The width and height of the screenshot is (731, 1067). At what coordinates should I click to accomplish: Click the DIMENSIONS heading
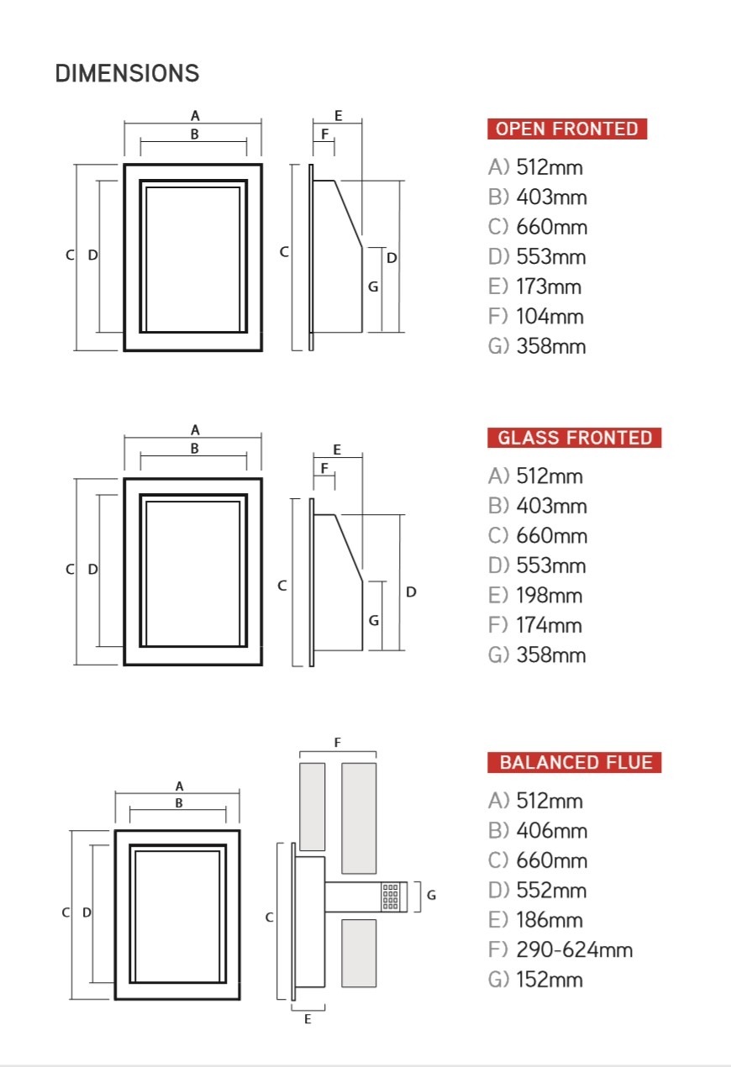[x=127, y=73]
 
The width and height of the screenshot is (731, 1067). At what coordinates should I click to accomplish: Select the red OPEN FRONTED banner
[x=567, y=129]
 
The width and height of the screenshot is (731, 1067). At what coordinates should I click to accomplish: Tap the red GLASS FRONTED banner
[x=574, y=438]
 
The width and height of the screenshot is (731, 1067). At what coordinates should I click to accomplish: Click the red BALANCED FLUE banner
[x=574, y=762]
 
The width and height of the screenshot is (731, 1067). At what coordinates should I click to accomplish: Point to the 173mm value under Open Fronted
[x=549, y=286]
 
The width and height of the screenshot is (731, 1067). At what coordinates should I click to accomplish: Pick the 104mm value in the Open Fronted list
[x=550, y=316]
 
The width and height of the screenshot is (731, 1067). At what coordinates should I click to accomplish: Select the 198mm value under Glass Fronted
[x=550, y=596]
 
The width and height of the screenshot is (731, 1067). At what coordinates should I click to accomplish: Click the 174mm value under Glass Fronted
[x=549, y=625]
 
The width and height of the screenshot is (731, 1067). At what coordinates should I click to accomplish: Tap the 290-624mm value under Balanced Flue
[x=575, y=950]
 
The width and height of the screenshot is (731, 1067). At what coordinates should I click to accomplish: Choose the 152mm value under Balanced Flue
[x=550, y=980]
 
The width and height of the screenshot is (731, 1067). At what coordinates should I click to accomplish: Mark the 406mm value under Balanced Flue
[x=552, y=831]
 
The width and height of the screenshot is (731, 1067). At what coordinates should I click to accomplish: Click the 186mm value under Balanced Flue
[x=550, y=920]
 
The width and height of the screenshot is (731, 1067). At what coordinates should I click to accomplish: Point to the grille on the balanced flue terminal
[x=390, y=896]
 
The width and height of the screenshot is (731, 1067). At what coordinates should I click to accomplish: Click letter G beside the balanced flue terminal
[x=431, y=895]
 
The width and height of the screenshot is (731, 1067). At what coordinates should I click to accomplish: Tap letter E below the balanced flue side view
[x=308, y=1019]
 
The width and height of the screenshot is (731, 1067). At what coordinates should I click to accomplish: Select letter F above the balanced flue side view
[x=338, y=742]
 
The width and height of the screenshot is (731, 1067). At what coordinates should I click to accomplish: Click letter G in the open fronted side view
[x=373, y=286]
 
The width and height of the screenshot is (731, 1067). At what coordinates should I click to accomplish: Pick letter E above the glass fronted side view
[x=337, y=449]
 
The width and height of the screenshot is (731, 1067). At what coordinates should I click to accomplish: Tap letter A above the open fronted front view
[x=195, y=116]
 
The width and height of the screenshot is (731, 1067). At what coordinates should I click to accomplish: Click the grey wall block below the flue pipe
[x=359, y=953]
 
